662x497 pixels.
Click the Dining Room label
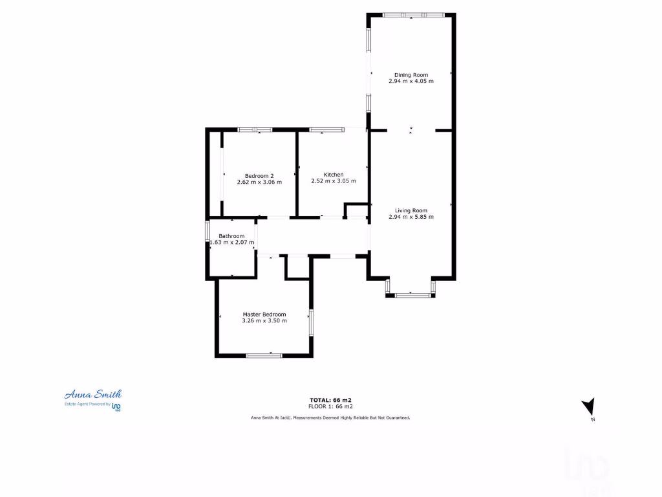tap(411, 75)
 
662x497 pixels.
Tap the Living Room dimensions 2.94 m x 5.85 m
tap(411, 217)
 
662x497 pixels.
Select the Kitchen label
tap(334, 175)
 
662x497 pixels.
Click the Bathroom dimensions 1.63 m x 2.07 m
tap(231, 243)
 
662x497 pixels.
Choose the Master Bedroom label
tap(264, 315)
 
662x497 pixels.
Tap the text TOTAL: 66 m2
tap(330, 400)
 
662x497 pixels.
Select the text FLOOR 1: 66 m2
tap(330, 406)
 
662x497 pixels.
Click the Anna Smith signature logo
tap(93, 394)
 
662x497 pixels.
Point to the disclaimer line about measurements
tap(330, 418)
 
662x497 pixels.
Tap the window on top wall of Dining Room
tap(412, 15)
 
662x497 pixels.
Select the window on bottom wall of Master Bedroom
tap(264, 355)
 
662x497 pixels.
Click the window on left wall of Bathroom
tap(208, 231)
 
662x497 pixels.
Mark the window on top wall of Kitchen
tap(326, 130)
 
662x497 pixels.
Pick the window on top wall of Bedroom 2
tap(255, 130)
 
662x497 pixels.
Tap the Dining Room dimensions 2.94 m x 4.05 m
tap(411, 82)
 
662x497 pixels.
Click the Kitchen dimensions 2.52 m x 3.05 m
tap(334, 181)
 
